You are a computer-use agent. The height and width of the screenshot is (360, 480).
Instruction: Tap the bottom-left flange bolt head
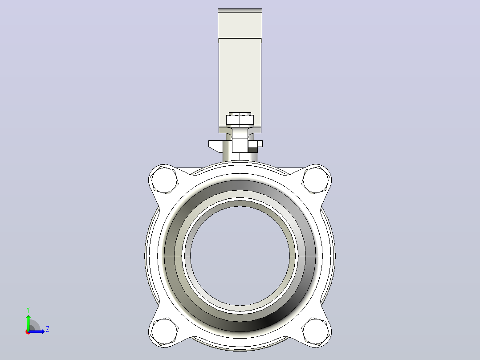click(165, 332)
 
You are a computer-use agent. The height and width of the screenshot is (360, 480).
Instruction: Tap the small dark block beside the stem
click(252, 150)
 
